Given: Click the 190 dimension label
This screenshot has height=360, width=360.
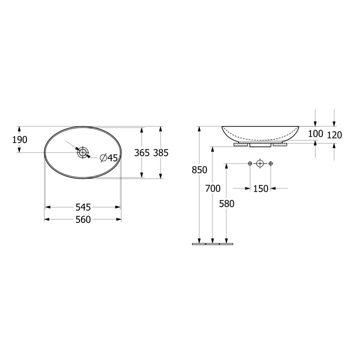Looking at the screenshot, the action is pos(19,139).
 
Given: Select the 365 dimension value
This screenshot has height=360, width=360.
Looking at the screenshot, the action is pos(142,152).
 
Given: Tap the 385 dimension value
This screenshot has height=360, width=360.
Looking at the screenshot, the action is pos(161,152).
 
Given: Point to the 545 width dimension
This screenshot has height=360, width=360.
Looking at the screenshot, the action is pos(83,207).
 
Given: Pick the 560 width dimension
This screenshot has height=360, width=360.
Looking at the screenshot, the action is pos(83,219).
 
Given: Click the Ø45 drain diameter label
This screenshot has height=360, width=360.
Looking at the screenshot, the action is pos(109,157).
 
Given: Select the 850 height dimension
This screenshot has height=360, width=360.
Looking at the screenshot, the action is pos(199,170).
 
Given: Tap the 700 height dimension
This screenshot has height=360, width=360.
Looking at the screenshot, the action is pos(213,188).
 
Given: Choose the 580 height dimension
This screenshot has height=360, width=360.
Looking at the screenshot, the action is pos(226,203).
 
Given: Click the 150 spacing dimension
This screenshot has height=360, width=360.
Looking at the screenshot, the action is pos(261,188).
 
